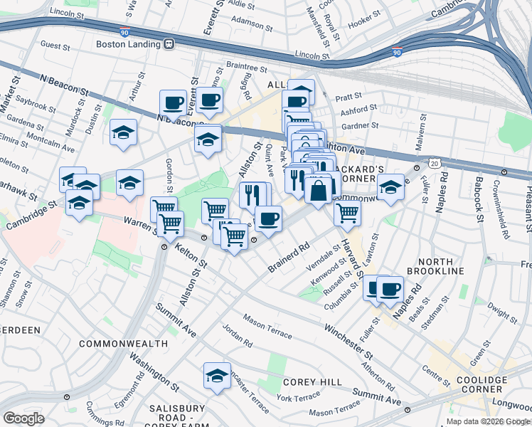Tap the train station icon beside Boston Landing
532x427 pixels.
point(169,43)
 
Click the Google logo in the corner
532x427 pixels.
point(23,418)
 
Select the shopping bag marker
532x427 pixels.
point(318,190)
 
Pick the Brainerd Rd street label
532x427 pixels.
point(290,258)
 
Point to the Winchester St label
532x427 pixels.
point(349,340)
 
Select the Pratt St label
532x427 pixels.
point(349,95)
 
